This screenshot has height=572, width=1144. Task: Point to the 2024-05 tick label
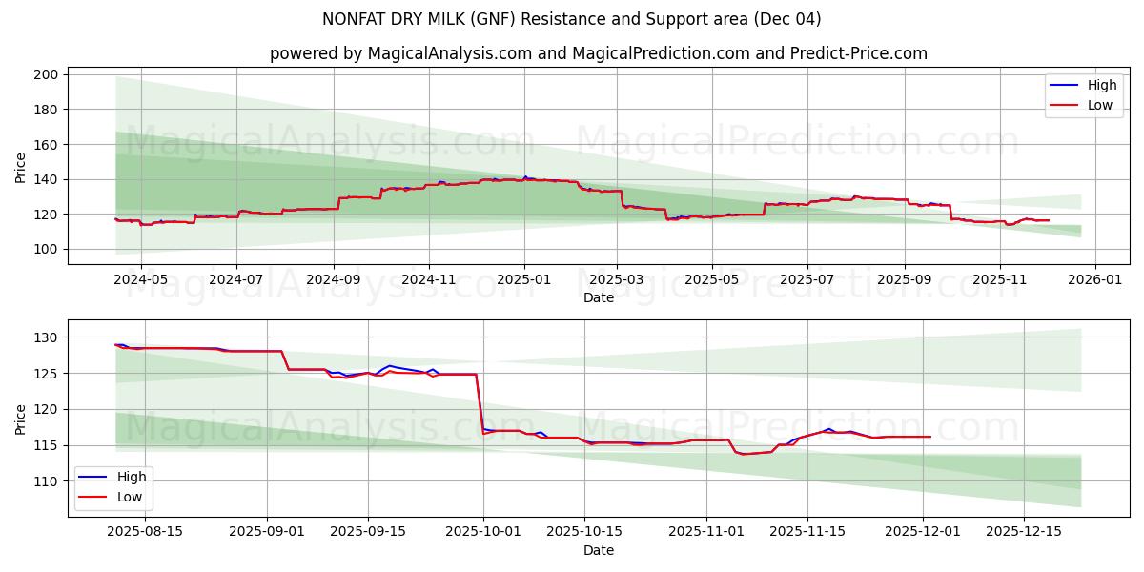point(140,281)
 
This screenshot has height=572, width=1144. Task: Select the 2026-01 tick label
point(1094,281)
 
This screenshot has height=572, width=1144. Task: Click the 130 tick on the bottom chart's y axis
point(49,337)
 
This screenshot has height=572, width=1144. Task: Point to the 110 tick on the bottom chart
point(49,481)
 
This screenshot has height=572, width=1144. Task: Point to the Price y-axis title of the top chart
point(21,166)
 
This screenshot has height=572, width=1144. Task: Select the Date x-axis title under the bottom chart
point(599,550)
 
